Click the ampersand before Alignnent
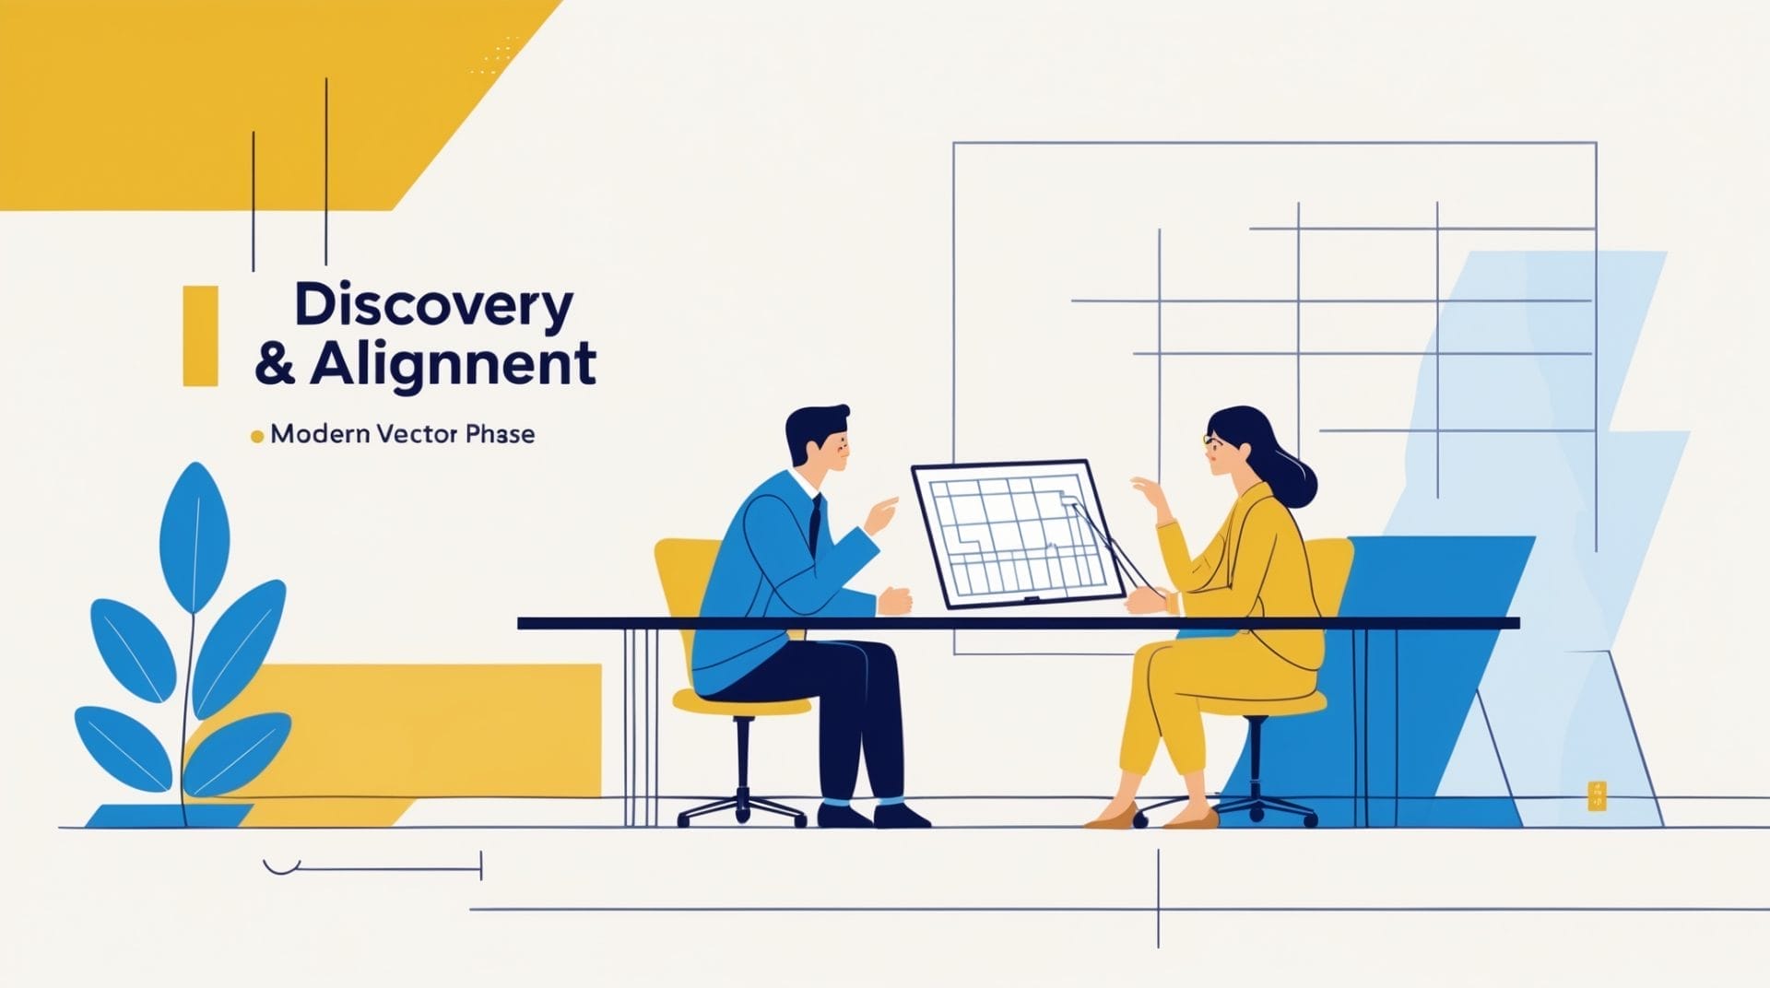click(x=275, y=364)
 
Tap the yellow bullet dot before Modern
click(x=257, y=436)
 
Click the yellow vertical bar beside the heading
click(x=201, y=335)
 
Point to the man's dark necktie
click(x=814, y=525)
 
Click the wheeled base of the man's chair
click(x=743, y=806)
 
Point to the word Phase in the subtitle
click(x=500, y=434)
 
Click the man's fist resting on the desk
click(x=895, y=600)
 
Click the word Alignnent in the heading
click(x=453, y=364)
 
